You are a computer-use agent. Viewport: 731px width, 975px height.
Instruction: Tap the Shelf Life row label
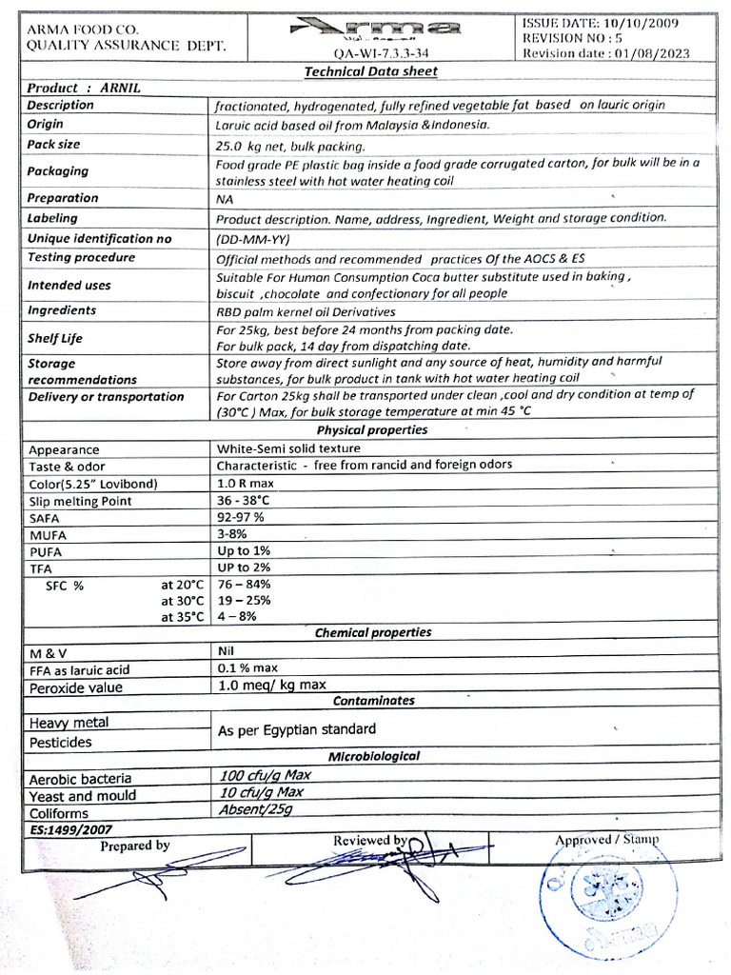(55, 338)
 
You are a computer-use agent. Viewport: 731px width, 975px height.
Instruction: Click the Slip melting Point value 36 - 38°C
(244, 501)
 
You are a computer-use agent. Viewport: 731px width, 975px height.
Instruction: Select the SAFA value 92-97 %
(241, 517)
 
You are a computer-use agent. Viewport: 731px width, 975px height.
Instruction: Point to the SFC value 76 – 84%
(245, 584)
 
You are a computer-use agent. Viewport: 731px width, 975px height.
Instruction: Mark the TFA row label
(41, 568)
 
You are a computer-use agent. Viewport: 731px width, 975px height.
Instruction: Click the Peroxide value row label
(76, 687)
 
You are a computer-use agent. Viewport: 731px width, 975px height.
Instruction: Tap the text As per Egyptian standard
(297, 729)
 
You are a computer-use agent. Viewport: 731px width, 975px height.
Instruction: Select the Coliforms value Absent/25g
(255, 811)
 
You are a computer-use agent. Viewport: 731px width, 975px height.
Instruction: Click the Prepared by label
(135, 846)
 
